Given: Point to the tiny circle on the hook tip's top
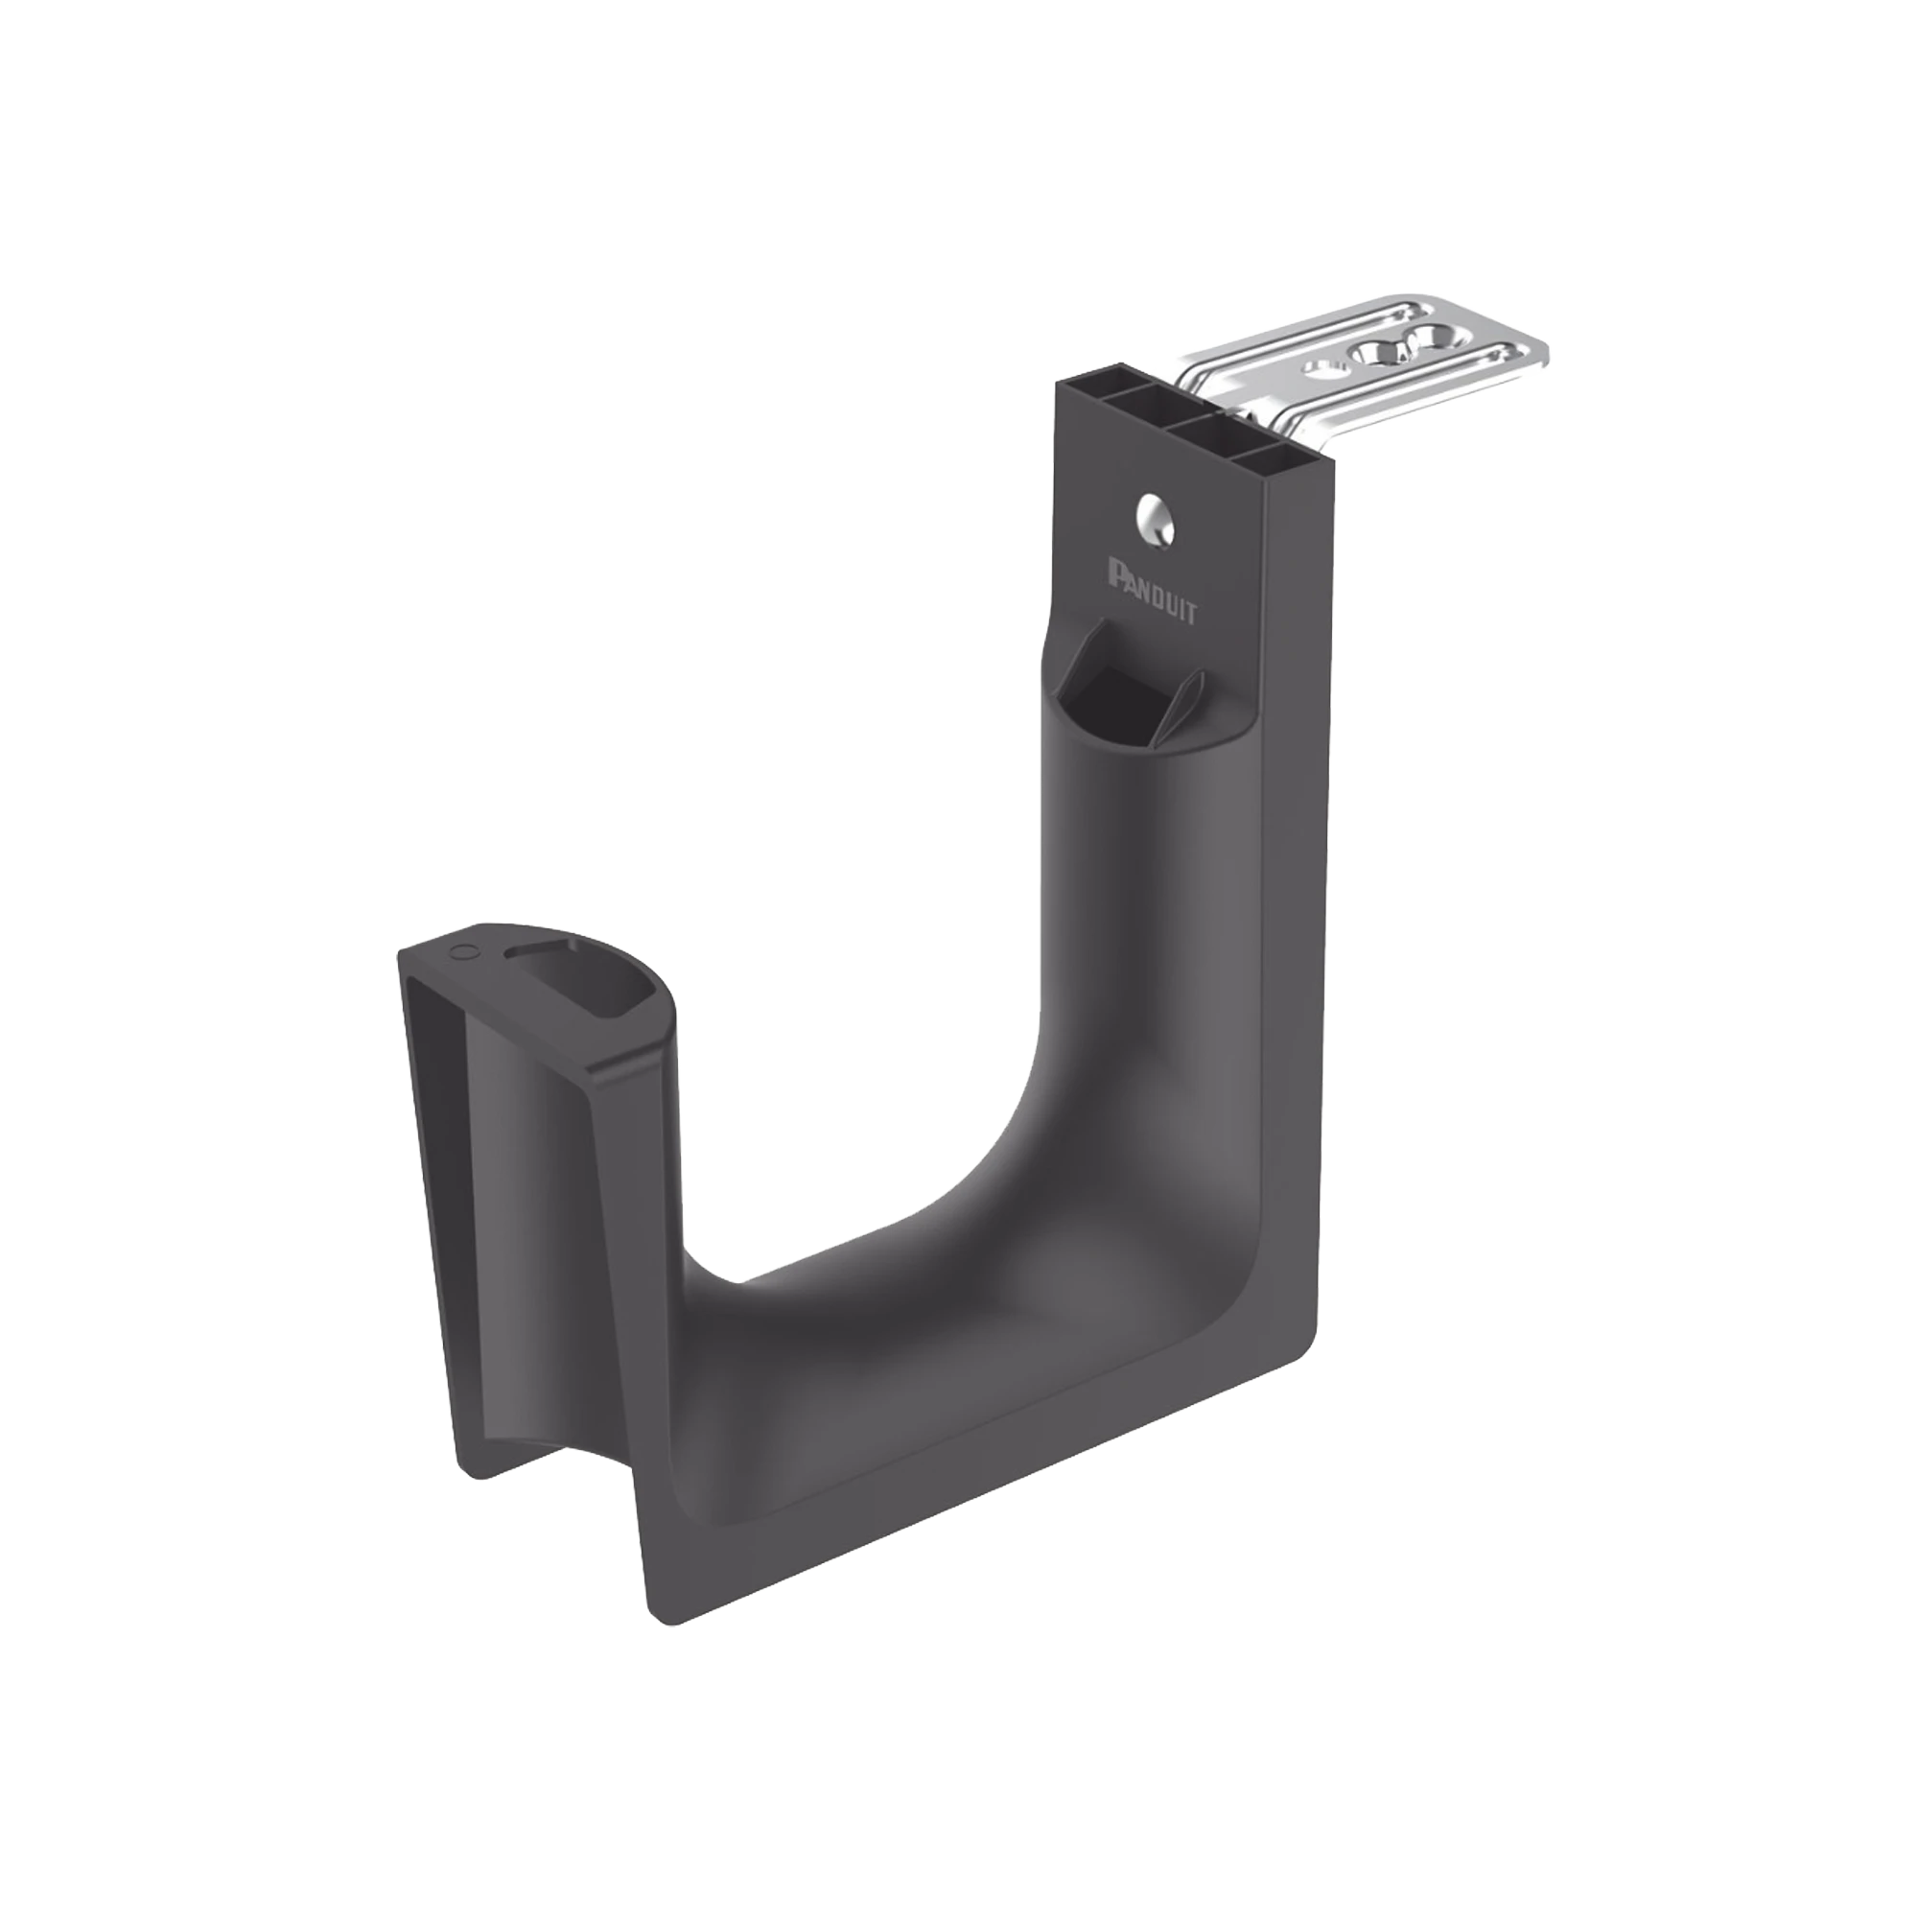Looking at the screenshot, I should click(x=461, y=951).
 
